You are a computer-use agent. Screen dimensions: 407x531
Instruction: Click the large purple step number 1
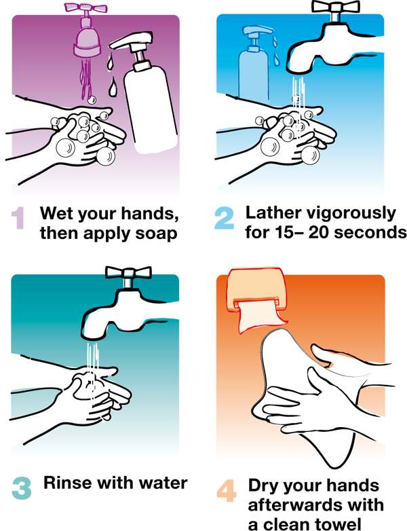tap(18, 218)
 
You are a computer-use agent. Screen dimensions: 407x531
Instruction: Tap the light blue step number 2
tap(225, 218)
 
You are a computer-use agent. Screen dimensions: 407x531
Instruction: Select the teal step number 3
tap(22, 488)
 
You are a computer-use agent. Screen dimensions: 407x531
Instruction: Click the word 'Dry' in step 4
tap(263, 486)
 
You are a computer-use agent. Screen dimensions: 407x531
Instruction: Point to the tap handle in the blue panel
tap(335, 5)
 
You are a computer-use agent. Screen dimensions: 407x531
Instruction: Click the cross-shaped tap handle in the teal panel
tap(128, 272)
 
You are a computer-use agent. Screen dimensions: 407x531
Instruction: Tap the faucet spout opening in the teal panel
tap(92, 337)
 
